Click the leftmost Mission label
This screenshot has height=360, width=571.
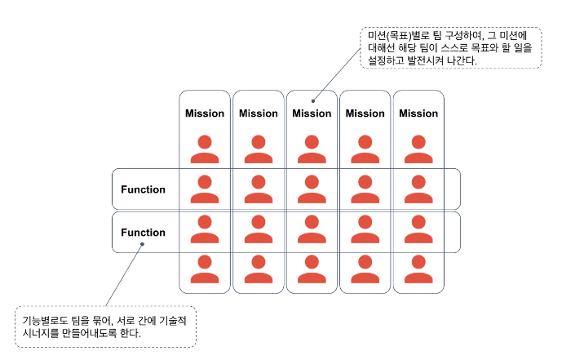click(205, 113)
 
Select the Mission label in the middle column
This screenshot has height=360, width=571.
click(312, 113)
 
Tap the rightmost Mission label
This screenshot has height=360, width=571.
click(418, 113)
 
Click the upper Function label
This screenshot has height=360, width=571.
click(143, 189)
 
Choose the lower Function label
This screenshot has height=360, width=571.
click(143, 233)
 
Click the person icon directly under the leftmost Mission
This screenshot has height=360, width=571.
click(205, 148)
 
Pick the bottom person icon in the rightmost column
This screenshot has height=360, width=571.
click(418, 269)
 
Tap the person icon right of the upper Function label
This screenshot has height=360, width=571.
click(205, 189)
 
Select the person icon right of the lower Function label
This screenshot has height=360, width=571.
click(205, 229)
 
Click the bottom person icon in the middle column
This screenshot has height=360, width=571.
click(312, 269)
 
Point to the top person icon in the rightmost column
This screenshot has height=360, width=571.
click(418, 148)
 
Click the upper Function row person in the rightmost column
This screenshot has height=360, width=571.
click(418, 189)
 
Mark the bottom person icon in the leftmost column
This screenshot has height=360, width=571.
click(205, 269)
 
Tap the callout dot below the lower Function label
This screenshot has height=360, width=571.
click(141, 242)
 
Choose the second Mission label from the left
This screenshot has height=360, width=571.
click(258, 113)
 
